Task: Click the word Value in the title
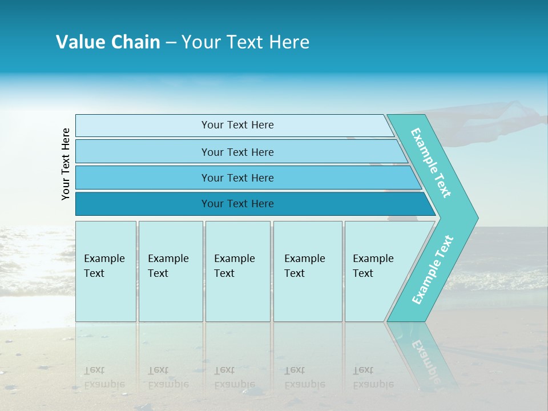point(79,42)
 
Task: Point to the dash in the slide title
point(171,43)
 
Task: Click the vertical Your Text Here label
point(66,164)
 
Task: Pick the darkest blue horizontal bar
point(237,204)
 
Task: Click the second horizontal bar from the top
point(237,152)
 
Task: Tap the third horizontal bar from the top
point(237,178)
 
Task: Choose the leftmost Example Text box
point(106,271)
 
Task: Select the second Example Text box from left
point(170,271)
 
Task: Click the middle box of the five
point(237,271)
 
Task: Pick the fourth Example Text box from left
point(307,271)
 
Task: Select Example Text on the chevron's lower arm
point(433,269)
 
